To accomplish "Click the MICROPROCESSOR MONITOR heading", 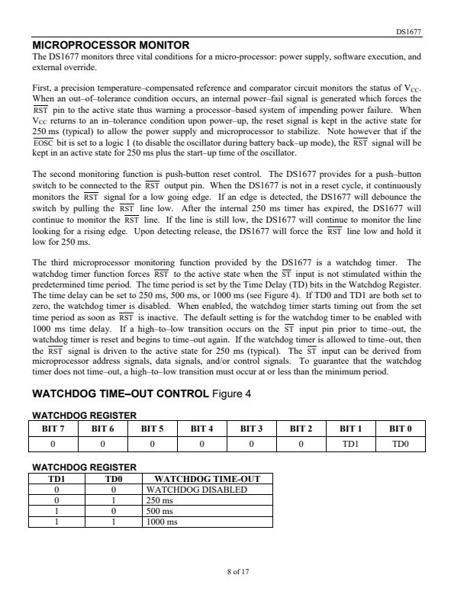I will point(111,45).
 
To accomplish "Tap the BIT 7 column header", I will point(53,429).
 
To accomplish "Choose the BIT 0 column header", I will point(400,429).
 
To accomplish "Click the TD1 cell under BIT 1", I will point(350,443).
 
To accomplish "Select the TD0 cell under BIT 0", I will point(400,443).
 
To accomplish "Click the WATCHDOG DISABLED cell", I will point(196,490).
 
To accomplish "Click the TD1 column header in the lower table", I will point(58,479).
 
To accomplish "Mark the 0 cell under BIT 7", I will point(53,443).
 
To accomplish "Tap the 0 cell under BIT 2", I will point(301,443).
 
